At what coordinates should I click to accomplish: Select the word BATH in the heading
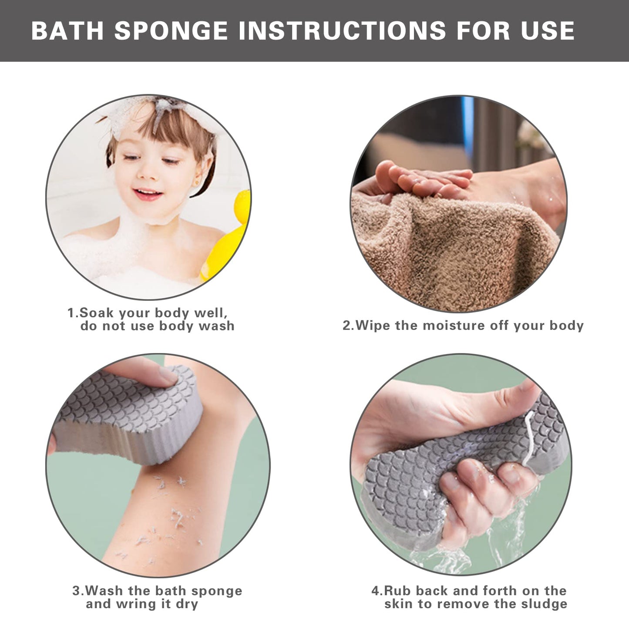[67, 30]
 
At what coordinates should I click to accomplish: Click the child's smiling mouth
[146, 193]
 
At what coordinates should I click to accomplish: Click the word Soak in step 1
[97, 313]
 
